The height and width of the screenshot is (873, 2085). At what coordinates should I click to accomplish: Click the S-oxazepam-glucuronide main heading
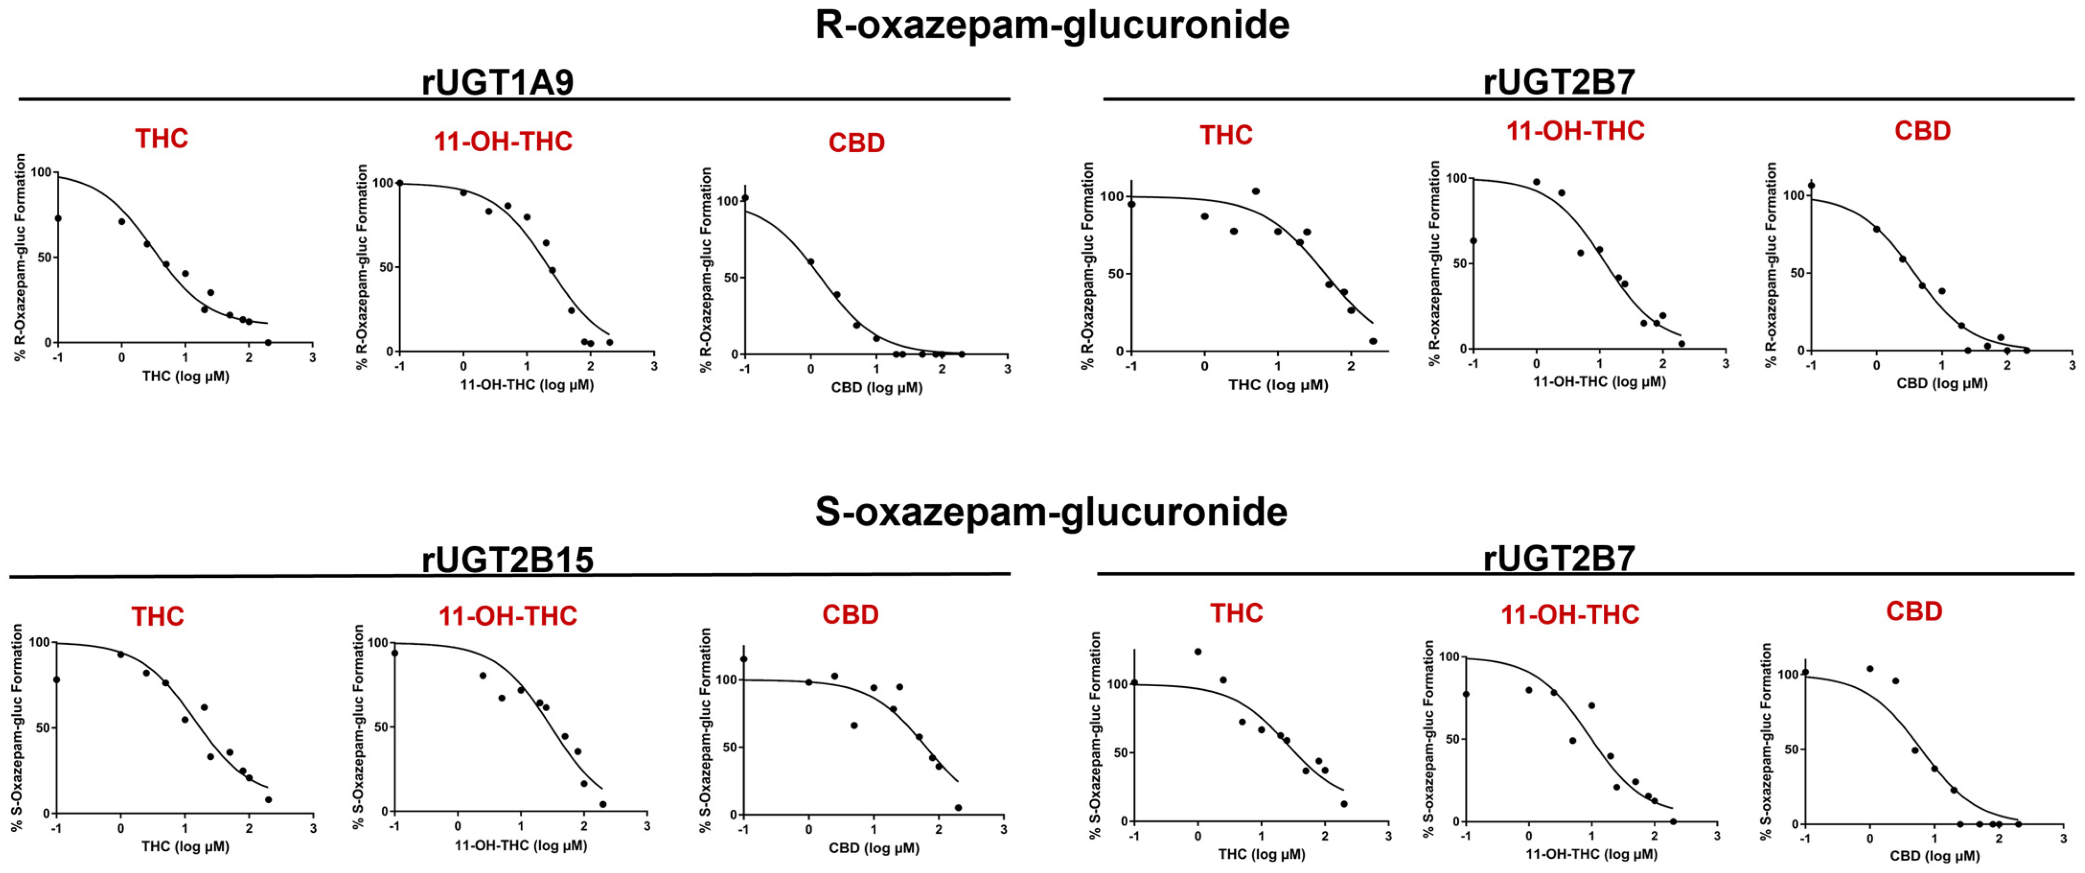coord(1050,512)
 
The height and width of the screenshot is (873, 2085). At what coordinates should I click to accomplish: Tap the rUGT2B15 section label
coord(508,559)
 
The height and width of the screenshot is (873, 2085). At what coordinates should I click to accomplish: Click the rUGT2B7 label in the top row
coord(1558,82)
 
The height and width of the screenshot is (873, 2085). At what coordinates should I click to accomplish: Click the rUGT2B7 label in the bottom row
coord(1558,558)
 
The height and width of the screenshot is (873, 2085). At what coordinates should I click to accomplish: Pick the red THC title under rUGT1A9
coord(161,138)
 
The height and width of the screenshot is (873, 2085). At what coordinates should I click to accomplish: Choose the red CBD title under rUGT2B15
coord(850,615)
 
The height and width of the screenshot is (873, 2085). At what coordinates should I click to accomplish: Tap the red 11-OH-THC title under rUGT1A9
coord(503,142)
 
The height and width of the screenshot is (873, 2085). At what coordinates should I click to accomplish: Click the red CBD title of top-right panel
coord(1922,131)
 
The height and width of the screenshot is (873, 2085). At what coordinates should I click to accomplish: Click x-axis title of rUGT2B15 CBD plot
coord(873,848)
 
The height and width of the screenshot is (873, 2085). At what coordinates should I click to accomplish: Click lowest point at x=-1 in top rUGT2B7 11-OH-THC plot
coord(1473,240)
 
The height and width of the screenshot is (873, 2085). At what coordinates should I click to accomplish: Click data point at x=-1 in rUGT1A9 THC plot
coord(58,218)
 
